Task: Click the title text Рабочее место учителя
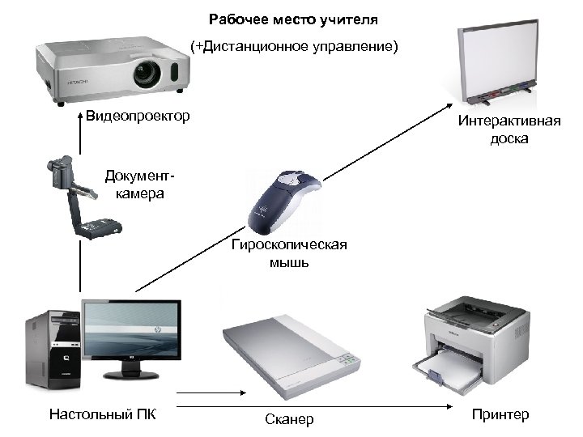tap(293, 18)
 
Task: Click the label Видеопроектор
tap(138, 117)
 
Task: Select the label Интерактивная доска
tap(509, 129)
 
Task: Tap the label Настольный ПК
tap(102, 415)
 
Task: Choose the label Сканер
tap(289, 419)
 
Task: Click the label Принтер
tap(500, 415)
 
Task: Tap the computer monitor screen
tap(130, 332)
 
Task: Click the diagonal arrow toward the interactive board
tap(291, 197)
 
